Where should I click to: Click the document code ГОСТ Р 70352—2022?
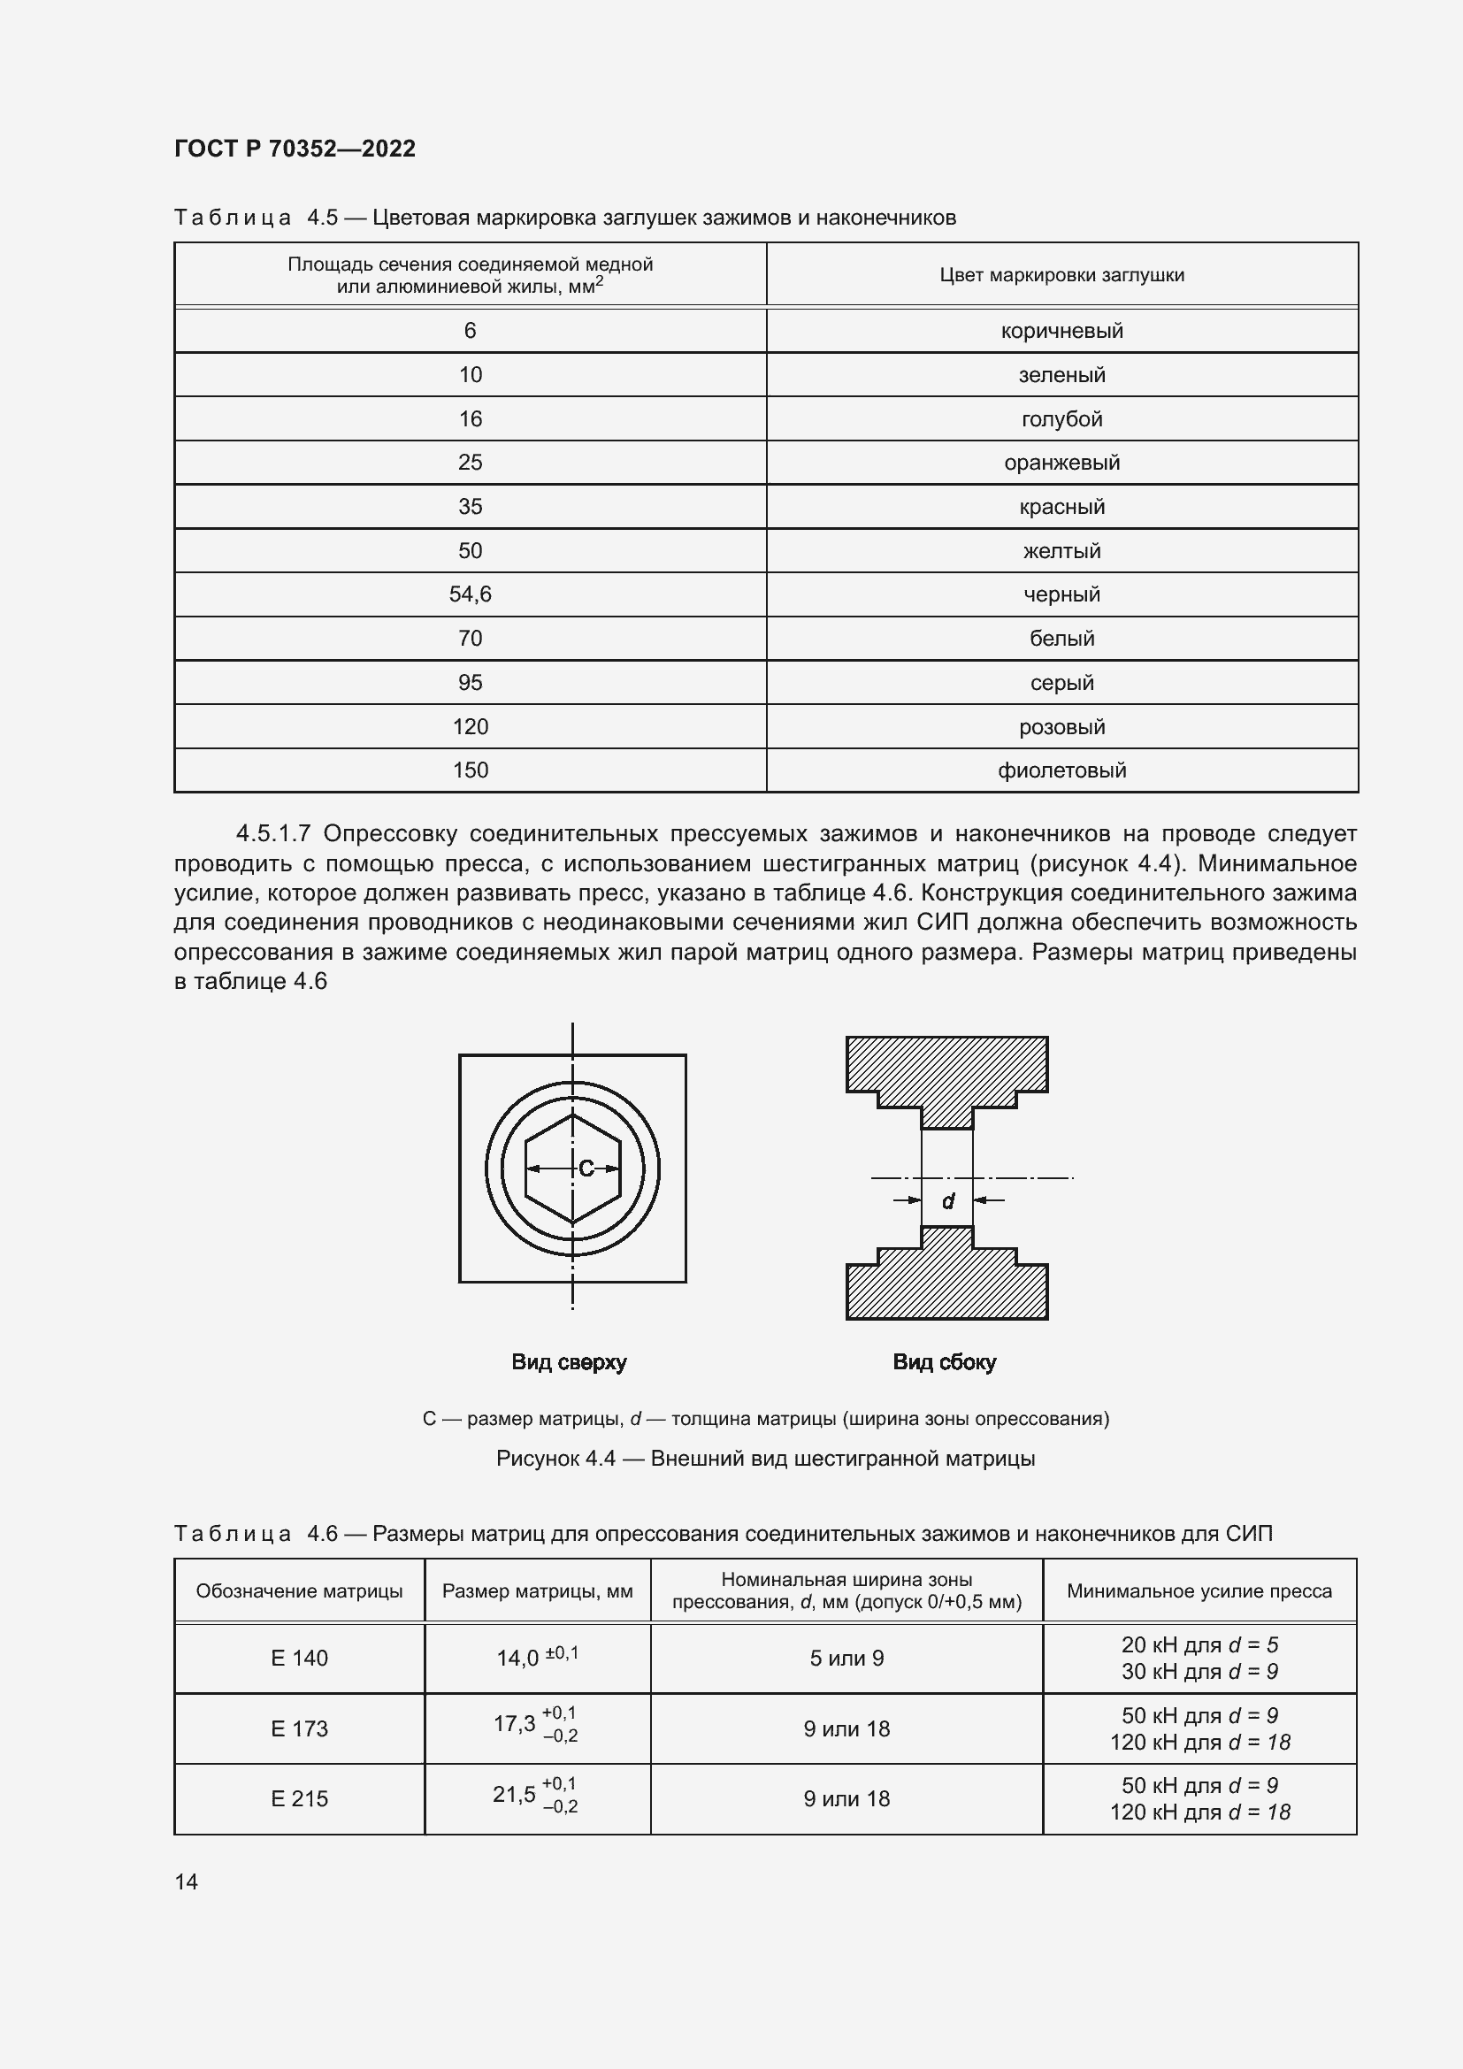pos(295,149)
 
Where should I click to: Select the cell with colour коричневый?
pos(1061,331)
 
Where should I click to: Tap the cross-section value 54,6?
pos(470,594)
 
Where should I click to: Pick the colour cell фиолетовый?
pos(1061,770)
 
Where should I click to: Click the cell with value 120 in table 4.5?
pos(470,726)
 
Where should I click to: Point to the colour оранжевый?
pos(1061,463)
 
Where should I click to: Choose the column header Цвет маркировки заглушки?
pos(1061,275)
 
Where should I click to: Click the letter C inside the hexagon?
pos(586,1169)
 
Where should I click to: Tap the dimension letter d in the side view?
pos(947,1201)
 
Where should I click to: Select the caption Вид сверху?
pos(569,1361)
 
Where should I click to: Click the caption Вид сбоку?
pos(944,1361)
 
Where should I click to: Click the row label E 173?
pos(299,1728)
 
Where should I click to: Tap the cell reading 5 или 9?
pos(846,1658)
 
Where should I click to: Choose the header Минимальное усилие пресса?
pos(1199,1591)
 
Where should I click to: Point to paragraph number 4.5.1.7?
pos(273,833)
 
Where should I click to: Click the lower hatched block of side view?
pos(946,1285)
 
